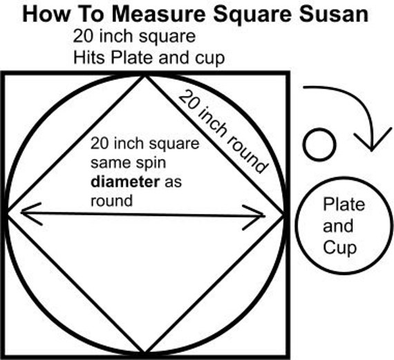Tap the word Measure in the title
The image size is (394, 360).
coord(158,14)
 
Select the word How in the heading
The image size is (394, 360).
coord(46,14)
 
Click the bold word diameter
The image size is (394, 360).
coord(125,182)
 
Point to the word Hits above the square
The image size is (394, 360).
coord(89,57)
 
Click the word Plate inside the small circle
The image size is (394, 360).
coord(344,205)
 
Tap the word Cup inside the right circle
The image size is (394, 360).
coord(339,248)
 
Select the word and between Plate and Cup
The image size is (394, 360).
coord(338,226)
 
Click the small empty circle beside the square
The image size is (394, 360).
coord(319,144)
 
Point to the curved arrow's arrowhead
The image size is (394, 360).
coord(373,141)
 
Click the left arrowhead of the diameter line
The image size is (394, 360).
coord(31,214)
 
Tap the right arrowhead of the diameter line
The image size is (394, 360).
coord(254,217)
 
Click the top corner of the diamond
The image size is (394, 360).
coord(144,76)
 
